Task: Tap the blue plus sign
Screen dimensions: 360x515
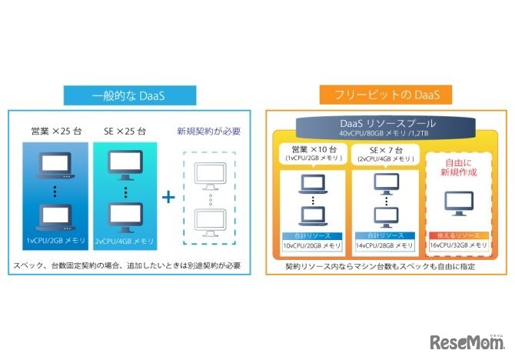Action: point(168,197)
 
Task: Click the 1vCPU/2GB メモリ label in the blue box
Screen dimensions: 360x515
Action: point(56,241)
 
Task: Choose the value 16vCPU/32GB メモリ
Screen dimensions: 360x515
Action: point(457,245)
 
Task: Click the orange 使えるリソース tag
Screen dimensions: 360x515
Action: point(457,235)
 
